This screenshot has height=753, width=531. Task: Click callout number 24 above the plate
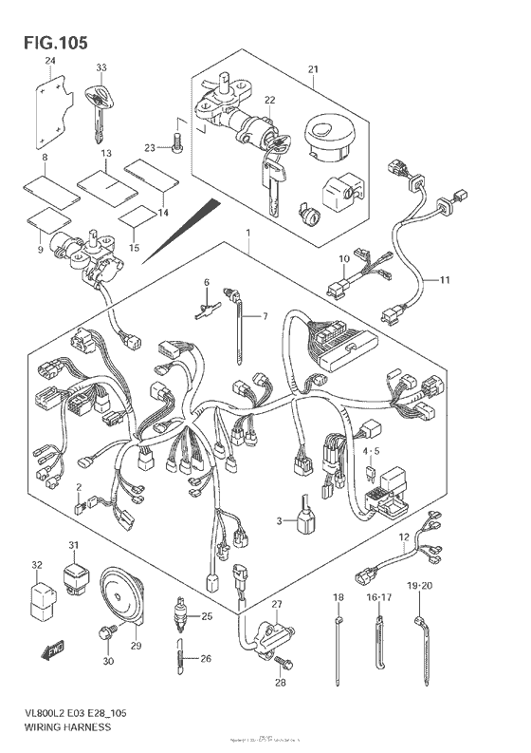click(x=50, y=62)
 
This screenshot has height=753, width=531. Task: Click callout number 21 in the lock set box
click(x=314, y=69)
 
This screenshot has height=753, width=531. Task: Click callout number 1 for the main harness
click(x=247, y=233)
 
